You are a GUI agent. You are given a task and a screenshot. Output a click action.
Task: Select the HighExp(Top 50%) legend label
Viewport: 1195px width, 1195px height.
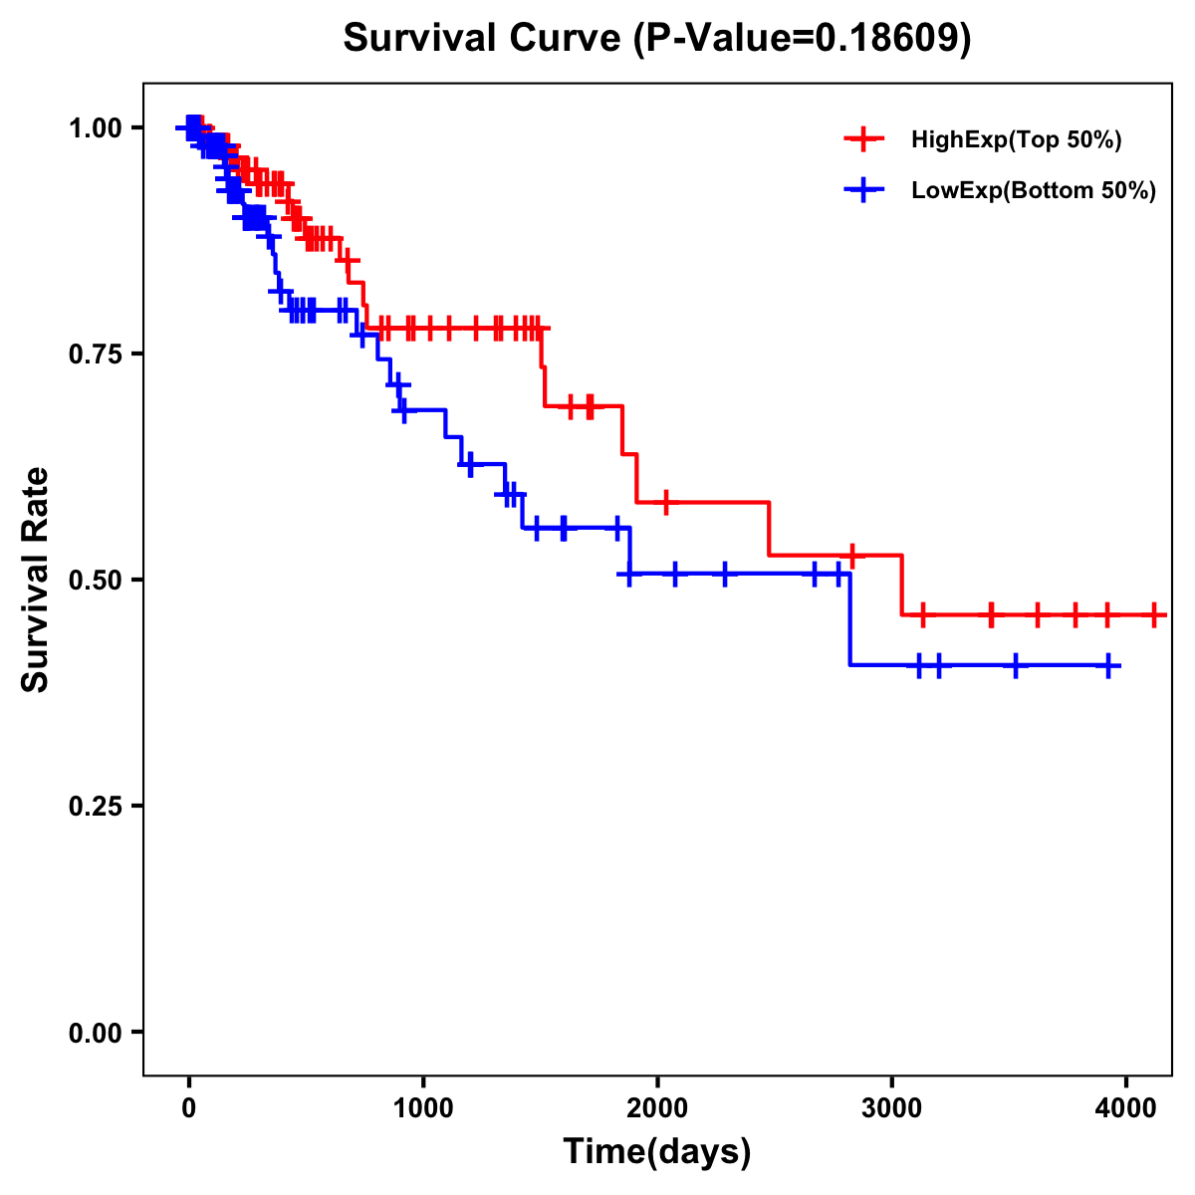pyautogui.click(x=1017, y=140)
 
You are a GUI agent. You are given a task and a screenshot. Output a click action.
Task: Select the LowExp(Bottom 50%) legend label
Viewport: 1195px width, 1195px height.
pyautogui.click(x=1034, y=191)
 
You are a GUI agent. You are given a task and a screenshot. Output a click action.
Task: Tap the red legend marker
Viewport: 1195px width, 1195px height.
pyautogui.click(x=863, y=139)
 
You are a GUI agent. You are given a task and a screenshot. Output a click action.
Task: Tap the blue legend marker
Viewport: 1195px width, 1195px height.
pyautogui.click(x=863, y=190)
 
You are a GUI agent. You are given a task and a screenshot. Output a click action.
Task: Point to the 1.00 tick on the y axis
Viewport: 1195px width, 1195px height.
pyautogui.click(x=95, y=127)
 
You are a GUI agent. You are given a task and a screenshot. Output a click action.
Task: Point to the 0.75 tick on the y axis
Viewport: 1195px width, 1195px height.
pyautogui.click(x=95, y=354)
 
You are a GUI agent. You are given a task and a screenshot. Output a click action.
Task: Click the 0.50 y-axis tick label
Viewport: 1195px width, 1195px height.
pyautogui.click(x=95, y=580)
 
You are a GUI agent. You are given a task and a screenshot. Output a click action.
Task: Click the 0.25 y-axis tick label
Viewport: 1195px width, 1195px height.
pyautogui.click(x=95, y=806)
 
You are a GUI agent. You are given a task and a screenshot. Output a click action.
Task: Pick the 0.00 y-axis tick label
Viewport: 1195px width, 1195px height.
pyautogui.click(x=95, y=1032)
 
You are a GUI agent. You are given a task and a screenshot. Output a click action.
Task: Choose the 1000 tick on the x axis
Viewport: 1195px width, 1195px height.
pyautogui.click(x=423, y=1105)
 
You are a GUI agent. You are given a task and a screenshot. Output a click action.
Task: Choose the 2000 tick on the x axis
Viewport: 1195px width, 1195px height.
pyautogui.click(x=657, y=1105)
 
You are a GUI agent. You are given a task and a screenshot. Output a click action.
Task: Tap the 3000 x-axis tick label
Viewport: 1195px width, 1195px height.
pyautogui.click(x=891, y=1105)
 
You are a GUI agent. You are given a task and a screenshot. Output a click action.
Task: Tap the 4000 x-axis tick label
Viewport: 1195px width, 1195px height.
pyautogui.click(x=1125, y=1105)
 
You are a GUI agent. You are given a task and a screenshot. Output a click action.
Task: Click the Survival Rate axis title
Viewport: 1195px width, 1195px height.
pyautogui.click(x=36, y=580)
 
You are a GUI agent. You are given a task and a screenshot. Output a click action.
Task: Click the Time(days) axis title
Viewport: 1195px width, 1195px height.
pyautogui.click(x=657, y=1152)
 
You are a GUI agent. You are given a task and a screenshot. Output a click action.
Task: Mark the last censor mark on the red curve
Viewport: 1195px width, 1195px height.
pyautogui.click(x=1154, y=614)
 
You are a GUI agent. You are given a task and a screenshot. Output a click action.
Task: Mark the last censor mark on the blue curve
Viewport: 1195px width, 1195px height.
pyautogui.click(x=1108, y=665)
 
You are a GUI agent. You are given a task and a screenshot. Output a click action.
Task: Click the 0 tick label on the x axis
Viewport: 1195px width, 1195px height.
pyautogui.click(x=188, y=1105)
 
